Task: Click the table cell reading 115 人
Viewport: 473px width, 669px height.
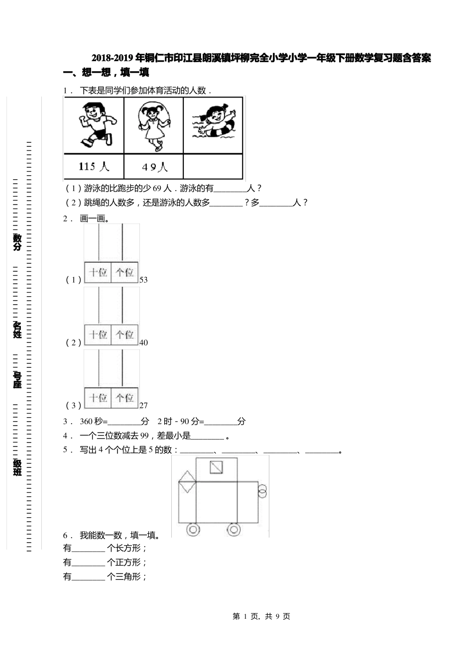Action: pos(94,167)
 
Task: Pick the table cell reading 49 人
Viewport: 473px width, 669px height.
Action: pos(154,167)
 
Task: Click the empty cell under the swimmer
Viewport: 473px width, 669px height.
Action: pos(213,167)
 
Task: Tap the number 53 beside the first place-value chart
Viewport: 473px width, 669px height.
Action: pos(143,280)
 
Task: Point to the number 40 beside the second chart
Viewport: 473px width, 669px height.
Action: pos(143,342)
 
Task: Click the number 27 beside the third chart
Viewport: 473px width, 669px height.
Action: pos(143,405)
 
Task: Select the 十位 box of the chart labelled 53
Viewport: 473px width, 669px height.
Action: pos(98,272)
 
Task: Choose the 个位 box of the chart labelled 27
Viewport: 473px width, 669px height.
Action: pos(124,398)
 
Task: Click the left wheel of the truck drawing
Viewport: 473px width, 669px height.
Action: pos(193,529)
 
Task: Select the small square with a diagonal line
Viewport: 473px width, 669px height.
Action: pos(216,467)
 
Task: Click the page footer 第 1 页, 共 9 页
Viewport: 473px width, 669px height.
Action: pos(261,616)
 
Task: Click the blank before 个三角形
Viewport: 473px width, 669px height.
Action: pos(89,577)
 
